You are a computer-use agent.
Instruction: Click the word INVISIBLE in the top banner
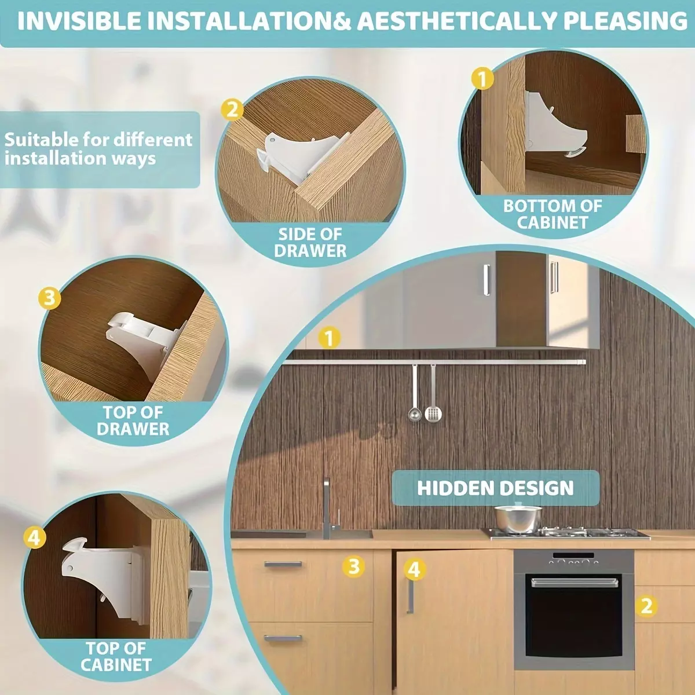click(79, 21)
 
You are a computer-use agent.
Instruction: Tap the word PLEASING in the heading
click(625, 21)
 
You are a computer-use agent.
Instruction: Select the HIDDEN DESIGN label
click(495, 488)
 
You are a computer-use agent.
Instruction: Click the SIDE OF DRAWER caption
click(310, 243)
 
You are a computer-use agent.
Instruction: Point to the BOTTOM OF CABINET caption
click(553, 214)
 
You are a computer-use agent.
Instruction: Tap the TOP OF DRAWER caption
click(133, 421)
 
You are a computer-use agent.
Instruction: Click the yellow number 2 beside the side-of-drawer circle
click(232, 110)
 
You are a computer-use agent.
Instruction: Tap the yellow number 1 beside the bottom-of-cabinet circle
click(483, 78)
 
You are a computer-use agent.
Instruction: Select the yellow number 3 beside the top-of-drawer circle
click(49, 298)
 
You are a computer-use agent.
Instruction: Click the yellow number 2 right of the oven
click(647, 606)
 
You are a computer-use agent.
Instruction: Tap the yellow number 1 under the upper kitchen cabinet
click(330, 338)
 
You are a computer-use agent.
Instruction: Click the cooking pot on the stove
click(518, 518)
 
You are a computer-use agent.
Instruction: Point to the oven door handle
click(575, 582)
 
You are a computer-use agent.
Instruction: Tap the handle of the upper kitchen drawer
click(283, 564)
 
